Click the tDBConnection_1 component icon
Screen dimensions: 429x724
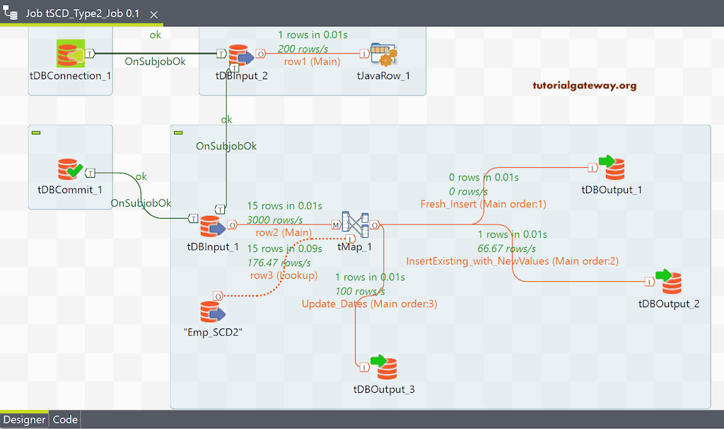tap(70, 53)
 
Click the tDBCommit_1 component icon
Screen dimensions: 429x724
tap(70, 170)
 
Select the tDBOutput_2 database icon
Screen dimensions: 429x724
tap(668, 282)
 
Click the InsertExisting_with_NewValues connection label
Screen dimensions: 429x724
tap(512, 261)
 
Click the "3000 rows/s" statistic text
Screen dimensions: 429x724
tap(274, 220)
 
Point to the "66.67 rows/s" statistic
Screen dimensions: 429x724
tap(507, 248)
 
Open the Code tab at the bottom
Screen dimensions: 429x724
tap(65, 420)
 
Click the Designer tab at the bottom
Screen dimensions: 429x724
tap(25, 420)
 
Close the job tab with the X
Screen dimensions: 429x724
tap(154, 14)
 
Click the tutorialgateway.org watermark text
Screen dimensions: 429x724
tap(584, 86)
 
